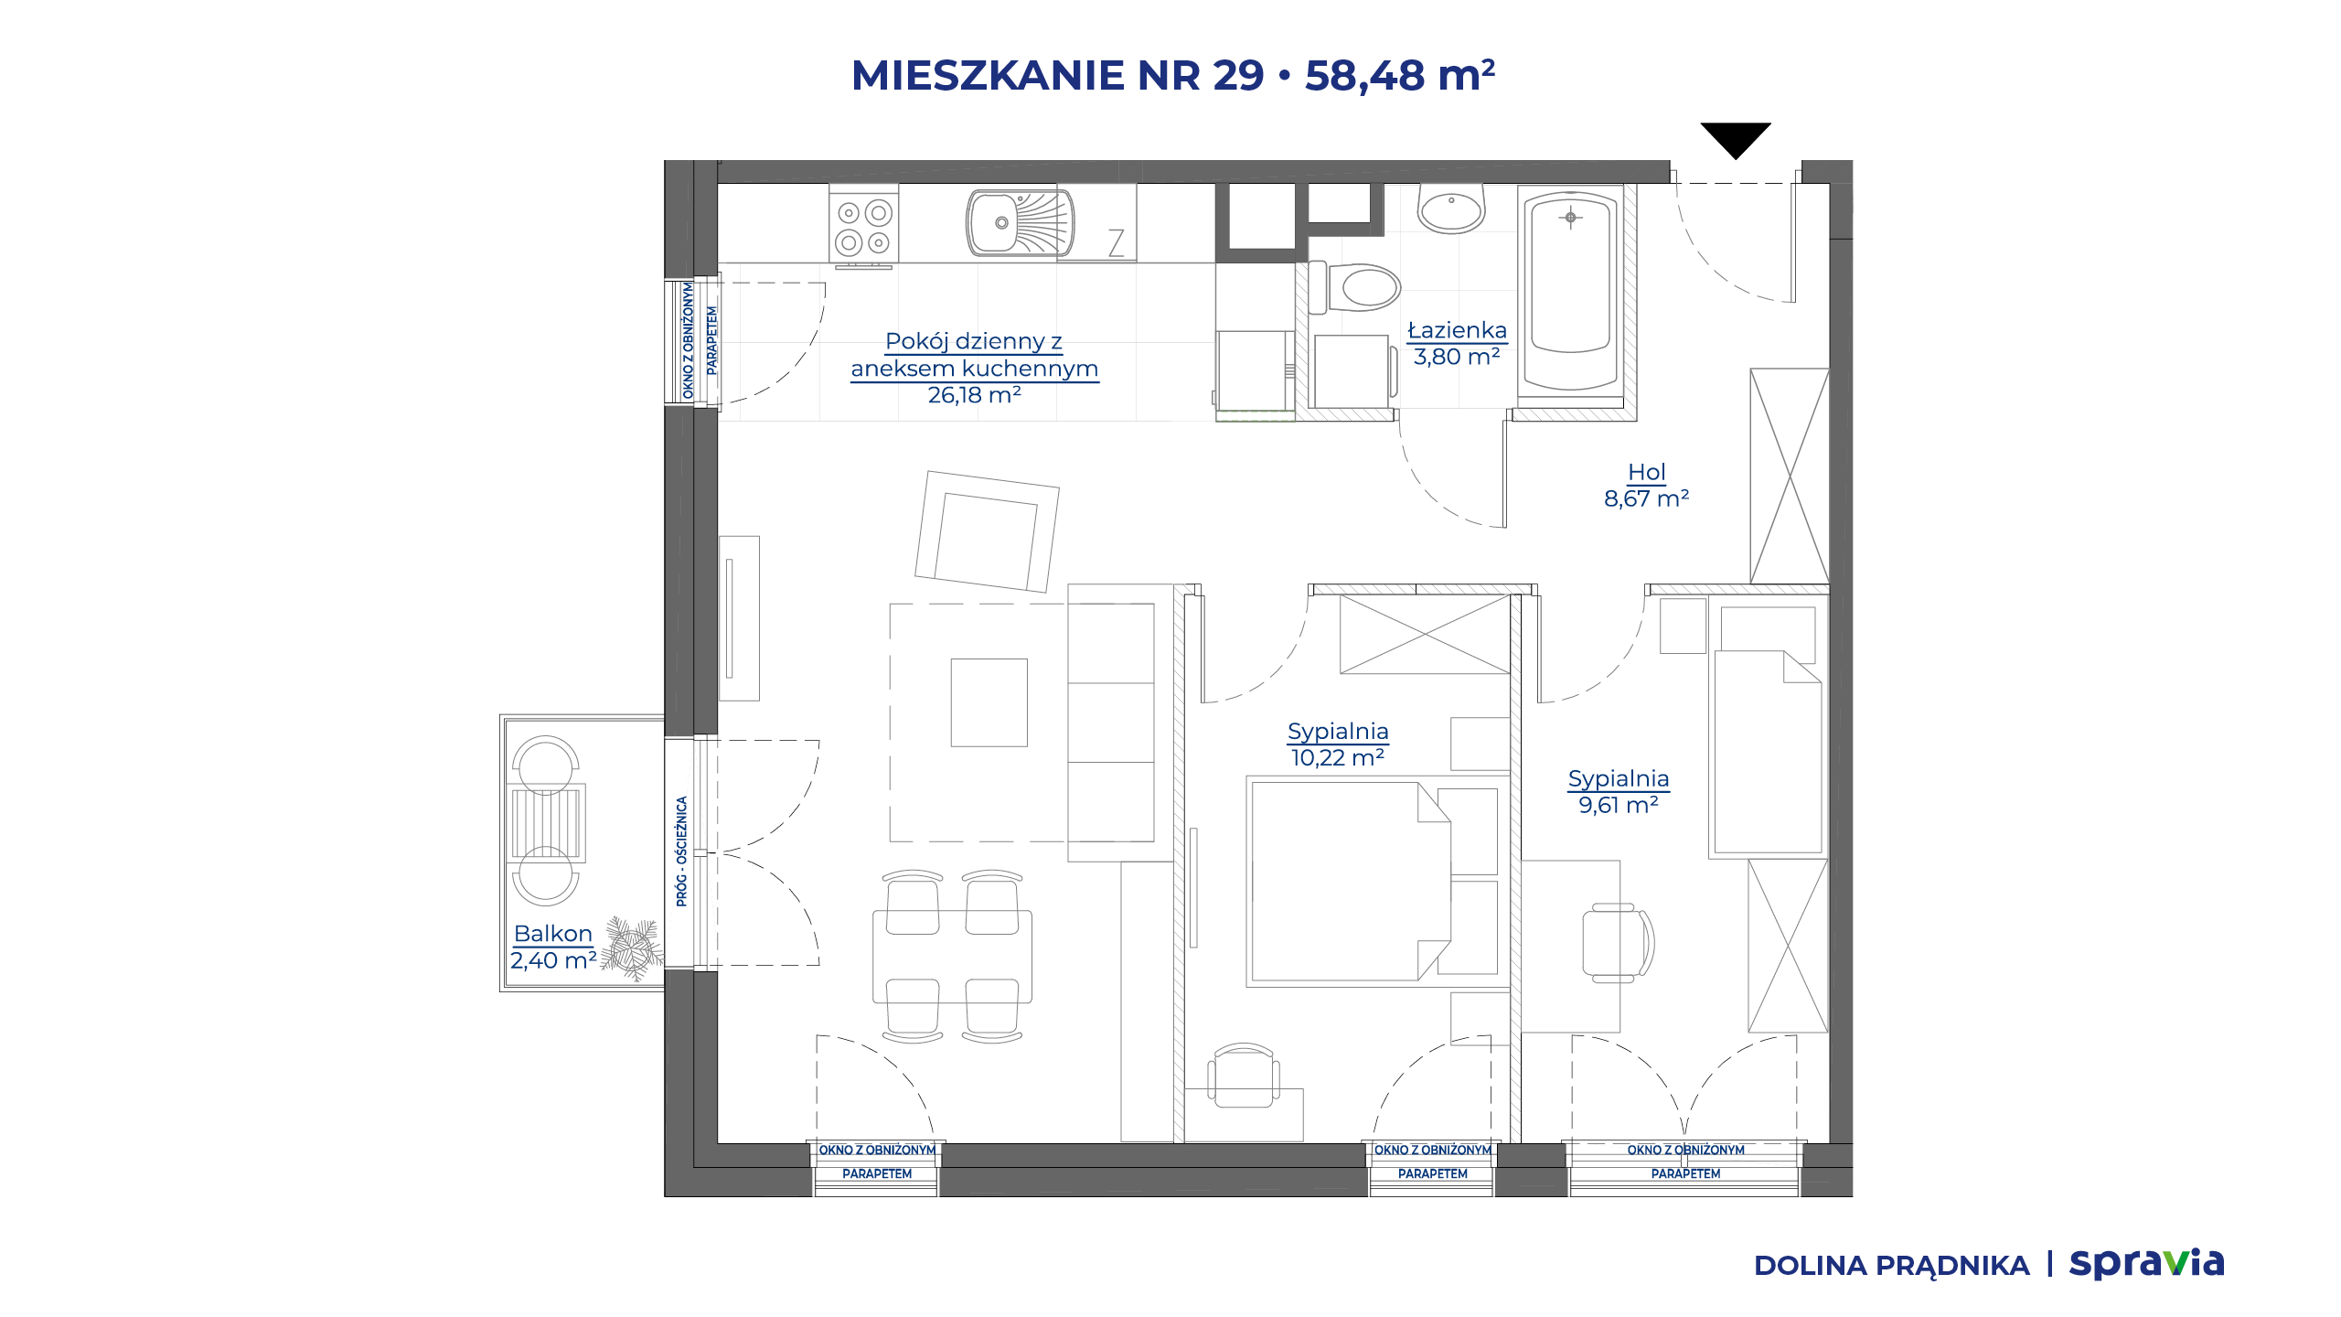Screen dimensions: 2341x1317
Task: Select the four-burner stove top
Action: [864, 228]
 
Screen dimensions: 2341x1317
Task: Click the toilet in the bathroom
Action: [1354, 287]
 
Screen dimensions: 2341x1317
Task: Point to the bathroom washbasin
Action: [1451, 209]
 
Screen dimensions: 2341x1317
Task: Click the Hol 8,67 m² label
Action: [1646, 486]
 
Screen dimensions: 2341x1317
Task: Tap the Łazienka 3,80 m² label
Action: [1457, 343]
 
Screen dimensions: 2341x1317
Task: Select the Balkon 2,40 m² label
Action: [553, 947]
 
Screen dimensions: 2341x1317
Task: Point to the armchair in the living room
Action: [988, 531]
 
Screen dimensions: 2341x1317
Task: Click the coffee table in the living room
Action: [989, 702]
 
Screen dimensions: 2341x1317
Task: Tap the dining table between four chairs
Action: [952, 957]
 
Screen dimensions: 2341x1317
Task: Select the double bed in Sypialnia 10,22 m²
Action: [1349, 882]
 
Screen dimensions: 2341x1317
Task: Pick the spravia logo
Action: [2147, 1263]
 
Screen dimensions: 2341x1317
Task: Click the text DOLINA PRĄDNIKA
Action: [1891, 1266]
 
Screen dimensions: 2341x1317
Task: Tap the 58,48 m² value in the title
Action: [1400, 75]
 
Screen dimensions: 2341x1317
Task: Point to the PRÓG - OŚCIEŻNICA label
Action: [681, 851]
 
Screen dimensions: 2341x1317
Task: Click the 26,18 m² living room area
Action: [974, 395]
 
